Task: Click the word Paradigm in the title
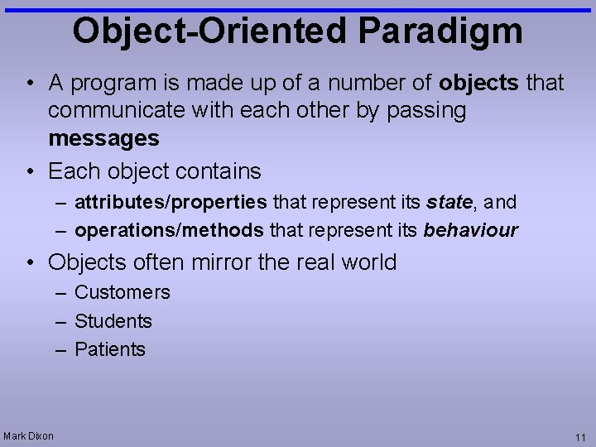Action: [440, 31]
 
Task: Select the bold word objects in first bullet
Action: [479, 83]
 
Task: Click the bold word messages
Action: [103, 138]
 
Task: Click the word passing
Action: [424, 110]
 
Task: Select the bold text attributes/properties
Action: [171, 202]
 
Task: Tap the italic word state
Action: [449, 202]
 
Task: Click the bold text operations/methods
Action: [169, 230]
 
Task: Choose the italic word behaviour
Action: [470, 230]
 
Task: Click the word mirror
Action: [221, 262]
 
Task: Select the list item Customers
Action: [122, 292]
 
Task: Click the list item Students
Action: [113, 321]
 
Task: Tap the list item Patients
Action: [109, 349]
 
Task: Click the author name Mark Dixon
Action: [28, 435]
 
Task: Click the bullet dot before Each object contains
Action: [30, 172]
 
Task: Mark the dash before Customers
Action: [61, 293]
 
